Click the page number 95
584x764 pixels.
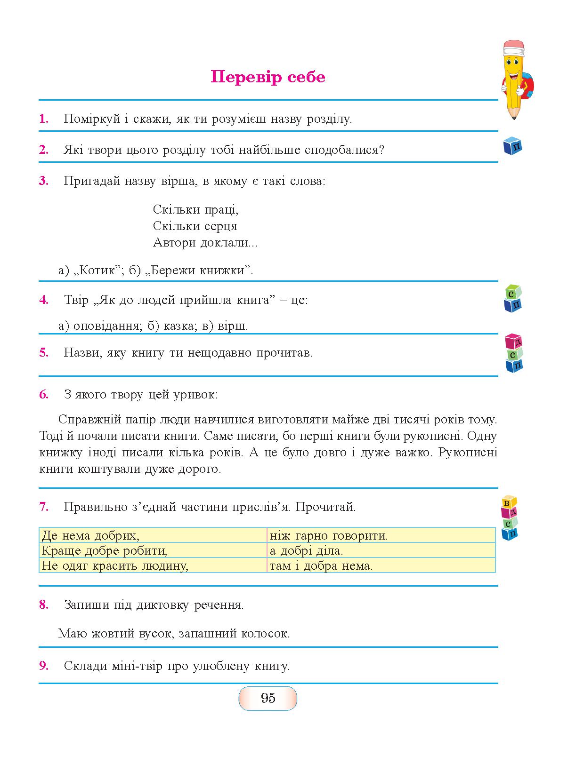coord(268,698)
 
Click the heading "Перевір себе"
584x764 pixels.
coord(268,77)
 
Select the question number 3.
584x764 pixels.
coord(44,181)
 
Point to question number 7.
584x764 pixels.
coord(44,507)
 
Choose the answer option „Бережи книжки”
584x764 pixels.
coord(199,271)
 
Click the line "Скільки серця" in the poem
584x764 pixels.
coord(195,226)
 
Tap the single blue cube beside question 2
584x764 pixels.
coord(513,146)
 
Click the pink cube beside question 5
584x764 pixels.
coord(513,341)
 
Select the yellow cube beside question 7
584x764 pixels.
coord(508,502)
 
